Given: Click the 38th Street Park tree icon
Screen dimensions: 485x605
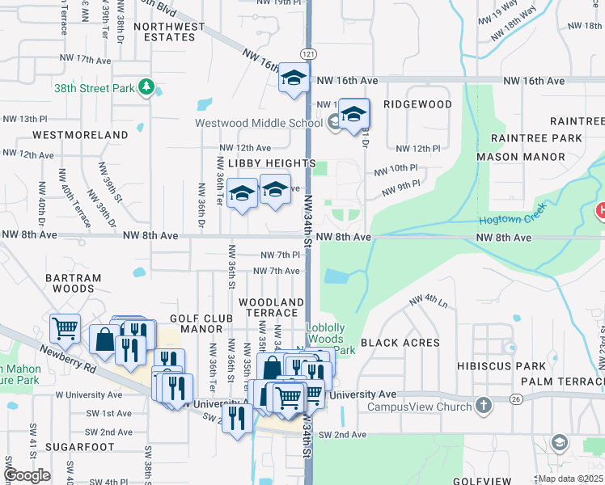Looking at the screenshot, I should [146, 86].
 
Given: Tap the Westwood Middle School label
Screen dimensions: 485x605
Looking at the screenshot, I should [259, 124].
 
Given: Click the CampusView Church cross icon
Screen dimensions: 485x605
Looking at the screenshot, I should [483, 405].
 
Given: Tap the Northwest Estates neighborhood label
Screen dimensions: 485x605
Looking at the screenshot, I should [170, 32].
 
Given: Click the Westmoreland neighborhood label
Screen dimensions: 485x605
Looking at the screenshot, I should [80, 135].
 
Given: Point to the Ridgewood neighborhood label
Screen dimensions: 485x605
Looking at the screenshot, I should [417, 105].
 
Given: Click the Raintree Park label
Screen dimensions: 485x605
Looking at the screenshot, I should [535, 139].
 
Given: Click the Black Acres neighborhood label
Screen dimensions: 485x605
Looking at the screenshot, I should [401, 343].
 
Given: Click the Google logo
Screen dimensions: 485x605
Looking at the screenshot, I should [27, 475].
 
